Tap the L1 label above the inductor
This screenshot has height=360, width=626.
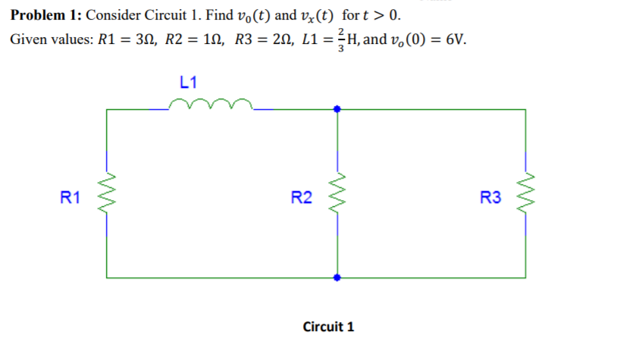[x=189, y=81]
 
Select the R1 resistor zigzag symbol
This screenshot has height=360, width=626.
[x=106, y=198]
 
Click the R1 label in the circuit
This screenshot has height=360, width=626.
[x=70, y=199]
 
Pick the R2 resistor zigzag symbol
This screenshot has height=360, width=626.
[x=336, y=198]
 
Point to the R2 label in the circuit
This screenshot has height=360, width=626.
[x=301, y=199]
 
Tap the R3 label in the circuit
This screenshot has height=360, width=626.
[x=490, y=199]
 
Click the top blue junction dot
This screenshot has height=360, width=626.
[x=337, y=109]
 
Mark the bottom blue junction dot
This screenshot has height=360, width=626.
[x=337, y=277]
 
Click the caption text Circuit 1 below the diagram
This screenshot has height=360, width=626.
[x=328, y=327]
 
